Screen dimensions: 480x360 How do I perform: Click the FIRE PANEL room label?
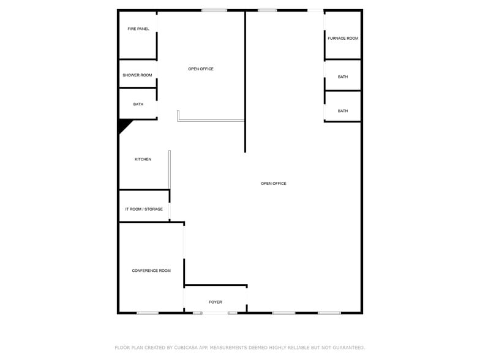coord(138,29)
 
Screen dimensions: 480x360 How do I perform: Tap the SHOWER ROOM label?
coord(137,75)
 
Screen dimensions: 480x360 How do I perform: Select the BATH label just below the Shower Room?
coord(138,104)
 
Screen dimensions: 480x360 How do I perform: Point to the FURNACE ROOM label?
coord(343,38)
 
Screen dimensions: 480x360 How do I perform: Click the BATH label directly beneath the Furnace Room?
coord(343,77)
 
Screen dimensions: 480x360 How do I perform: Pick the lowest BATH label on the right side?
coord(343,111)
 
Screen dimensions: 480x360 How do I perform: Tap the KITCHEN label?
coord(143,159)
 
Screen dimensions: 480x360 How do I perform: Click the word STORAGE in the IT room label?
coord(154,209)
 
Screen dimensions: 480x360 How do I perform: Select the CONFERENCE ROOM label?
coord(151,271)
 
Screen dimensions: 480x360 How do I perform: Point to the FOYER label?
coord(216,302)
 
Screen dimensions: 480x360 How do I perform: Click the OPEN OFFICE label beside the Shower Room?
coord(201,69)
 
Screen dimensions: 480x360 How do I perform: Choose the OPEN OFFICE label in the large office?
coord(273,184)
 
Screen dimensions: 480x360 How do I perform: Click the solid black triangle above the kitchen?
coord(123,124)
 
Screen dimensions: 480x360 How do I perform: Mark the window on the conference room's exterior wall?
coord(148,313)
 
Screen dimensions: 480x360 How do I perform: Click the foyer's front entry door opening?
coord(216,313)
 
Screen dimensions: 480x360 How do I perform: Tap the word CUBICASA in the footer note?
coord(186,348)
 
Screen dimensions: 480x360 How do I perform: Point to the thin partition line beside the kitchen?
coord(170,169)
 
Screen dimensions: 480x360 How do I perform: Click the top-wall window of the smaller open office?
coord(214,10)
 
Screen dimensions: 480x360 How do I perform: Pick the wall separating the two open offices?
coord(245,82)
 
